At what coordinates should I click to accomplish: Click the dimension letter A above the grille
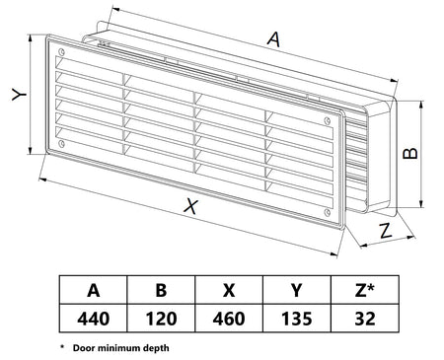(274, 38)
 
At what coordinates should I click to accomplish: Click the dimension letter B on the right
(410, 153)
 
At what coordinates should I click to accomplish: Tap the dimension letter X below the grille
(191, 206)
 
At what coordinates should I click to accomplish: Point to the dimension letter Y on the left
(19, 95)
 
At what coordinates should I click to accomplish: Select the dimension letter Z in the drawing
(385, 231)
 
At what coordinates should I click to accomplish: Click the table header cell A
(94, 290)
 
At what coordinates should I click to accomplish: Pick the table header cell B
(161, 290)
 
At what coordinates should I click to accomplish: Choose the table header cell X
(229, 290)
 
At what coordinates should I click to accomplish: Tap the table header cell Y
(297, 290)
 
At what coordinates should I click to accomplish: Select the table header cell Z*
(365, 290)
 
